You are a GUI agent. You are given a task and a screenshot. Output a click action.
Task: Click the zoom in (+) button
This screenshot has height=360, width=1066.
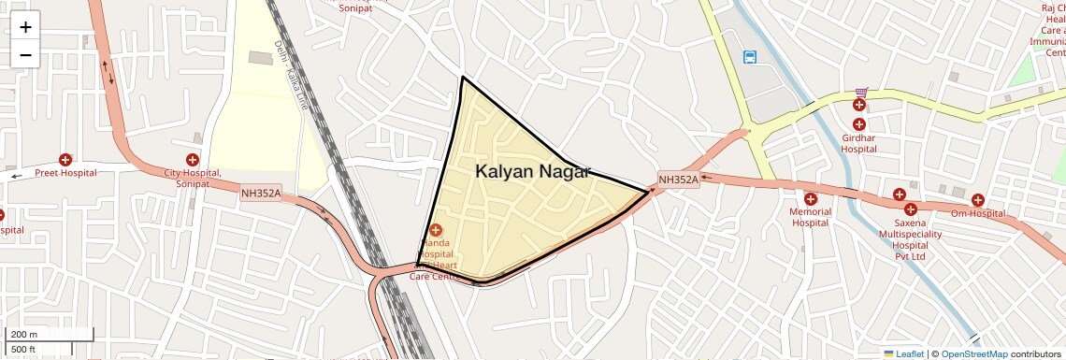25,27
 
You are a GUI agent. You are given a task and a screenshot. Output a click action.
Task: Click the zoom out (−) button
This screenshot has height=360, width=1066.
25,54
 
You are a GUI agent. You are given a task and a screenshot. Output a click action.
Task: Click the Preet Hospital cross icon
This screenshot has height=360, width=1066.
65,160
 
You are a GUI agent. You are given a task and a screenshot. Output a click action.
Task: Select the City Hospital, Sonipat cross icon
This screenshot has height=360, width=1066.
193,160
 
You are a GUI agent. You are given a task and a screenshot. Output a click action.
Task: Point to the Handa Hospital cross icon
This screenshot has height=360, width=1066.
436,229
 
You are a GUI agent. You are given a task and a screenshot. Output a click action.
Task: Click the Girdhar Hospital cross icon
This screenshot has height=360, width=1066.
858,123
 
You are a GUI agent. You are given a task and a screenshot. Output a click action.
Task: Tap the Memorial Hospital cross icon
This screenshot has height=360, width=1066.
810,199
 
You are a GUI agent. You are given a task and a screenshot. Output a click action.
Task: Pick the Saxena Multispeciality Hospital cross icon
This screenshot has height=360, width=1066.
910,209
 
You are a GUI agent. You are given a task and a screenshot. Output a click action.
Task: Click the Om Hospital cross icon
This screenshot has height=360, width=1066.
977,200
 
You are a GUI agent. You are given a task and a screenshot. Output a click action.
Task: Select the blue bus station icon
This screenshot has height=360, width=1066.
750,57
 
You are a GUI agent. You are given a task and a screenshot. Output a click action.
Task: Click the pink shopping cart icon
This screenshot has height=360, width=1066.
860,93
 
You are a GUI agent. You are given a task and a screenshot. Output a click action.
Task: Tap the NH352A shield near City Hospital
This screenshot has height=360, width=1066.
261,194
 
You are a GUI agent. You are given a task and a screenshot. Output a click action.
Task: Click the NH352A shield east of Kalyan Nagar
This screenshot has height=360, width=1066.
678,180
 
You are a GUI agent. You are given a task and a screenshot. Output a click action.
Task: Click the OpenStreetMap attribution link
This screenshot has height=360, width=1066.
973,353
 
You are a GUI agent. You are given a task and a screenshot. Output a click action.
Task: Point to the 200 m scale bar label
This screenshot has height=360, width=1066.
24,335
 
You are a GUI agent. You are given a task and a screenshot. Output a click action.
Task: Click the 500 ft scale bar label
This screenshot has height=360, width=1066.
24,350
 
